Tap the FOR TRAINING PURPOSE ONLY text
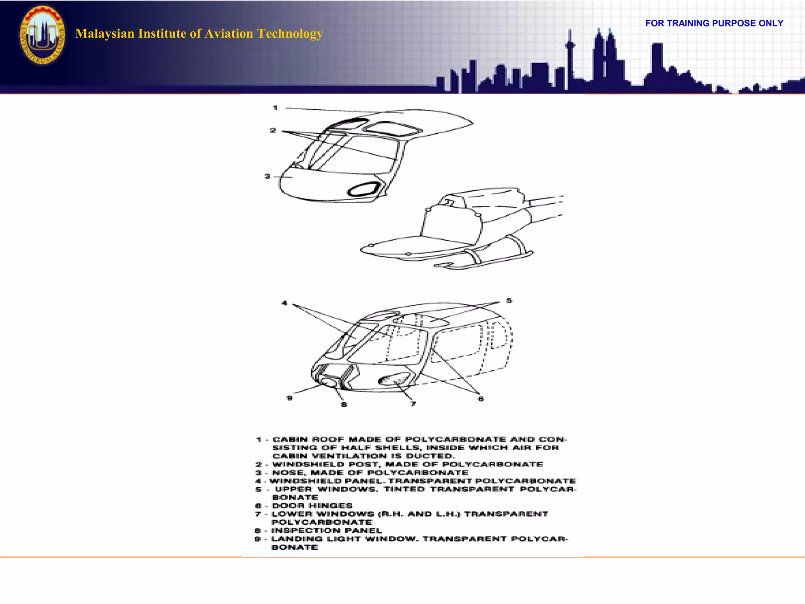pos(714,23)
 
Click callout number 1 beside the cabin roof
pos(276,108)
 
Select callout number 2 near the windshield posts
pos(273,131)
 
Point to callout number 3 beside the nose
pos(268,177)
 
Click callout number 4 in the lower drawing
pos(285,303)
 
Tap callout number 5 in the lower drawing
pos(509,300)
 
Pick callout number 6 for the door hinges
pos(481,399)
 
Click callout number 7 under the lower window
pos(413,404)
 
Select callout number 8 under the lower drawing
pos(344,405)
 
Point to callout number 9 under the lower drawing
pos(290,398)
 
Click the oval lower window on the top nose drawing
pos(363,190)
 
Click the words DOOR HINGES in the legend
pos(312,506)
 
